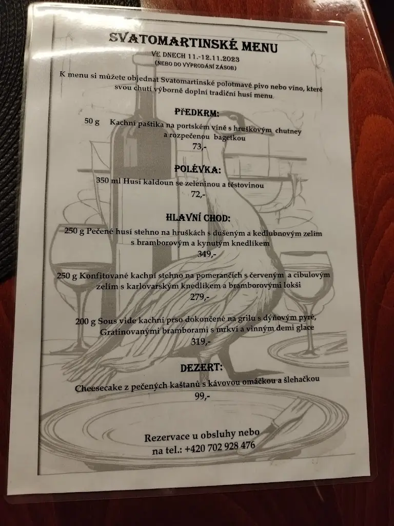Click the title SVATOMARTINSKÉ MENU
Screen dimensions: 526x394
coord(193,43)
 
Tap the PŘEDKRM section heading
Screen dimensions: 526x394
coord(196,112)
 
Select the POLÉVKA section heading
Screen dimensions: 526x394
coord(198,169)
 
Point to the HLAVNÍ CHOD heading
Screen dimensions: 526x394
coord(198,217)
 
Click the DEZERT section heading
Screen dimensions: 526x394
coord(202,367)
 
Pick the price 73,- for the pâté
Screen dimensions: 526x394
coord(199,146)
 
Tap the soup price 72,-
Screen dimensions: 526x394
coord(198,194)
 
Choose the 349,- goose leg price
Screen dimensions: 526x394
coord(206,254)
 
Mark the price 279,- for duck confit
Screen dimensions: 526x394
coord(200,297)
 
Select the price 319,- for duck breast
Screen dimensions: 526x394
coord(201,342)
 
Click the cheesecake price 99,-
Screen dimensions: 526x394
coord(202,396)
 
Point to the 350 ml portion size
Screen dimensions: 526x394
coord(108,180)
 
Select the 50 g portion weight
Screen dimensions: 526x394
coord(92,121)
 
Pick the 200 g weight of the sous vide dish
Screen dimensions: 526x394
coord(85,322)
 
